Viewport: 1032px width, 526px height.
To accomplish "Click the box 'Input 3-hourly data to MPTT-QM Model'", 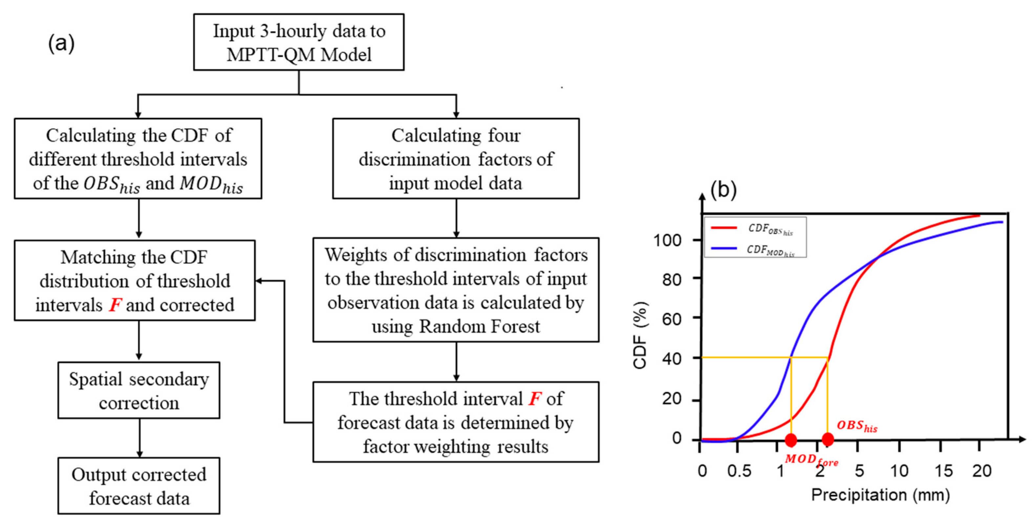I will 298,42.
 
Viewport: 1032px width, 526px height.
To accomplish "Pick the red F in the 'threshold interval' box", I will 535,399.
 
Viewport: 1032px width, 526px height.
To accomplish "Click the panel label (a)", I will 61,43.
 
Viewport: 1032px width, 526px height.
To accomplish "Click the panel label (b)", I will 723,189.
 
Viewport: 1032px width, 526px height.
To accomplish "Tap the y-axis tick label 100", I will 667,240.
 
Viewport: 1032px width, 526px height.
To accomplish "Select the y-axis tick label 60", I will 672,319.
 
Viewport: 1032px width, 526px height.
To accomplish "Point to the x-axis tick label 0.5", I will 739,471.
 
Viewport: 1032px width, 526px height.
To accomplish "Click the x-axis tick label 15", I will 943,471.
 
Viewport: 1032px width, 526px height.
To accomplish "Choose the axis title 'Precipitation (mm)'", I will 880,495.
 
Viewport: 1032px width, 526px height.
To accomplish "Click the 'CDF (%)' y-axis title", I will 640,335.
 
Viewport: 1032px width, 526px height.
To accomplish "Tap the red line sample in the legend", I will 724,228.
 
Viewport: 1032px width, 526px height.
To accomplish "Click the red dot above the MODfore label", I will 791,440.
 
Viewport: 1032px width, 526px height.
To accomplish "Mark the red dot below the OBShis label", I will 828,439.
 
